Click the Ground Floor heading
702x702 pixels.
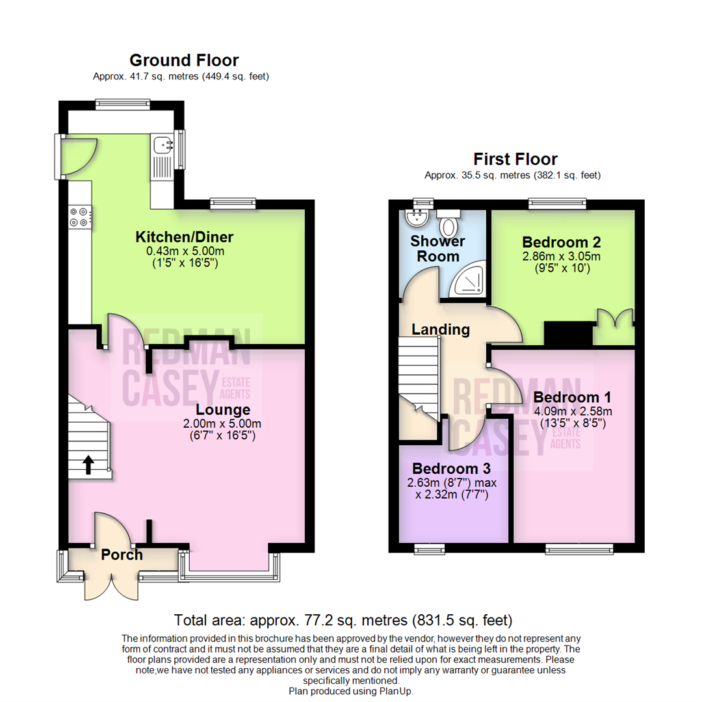pyautogui.click(x=184, y=60)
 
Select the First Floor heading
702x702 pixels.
pyautogui.click(x=515, y=159)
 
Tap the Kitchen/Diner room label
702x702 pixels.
pyautogui.click(x=185, y=237)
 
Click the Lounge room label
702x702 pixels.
pyautogui.click(x=223, y=409)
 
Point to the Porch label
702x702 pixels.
pyautogui.click(x=122, y=554)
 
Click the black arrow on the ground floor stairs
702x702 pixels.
pyautogui.click(x=88, y=465)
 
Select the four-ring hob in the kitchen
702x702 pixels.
pyautogui.click(x=80, y=217)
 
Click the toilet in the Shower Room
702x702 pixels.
pyautogui.click(x=448, y=224)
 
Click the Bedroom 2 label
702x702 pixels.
pyautogui.click(x=562, y=242)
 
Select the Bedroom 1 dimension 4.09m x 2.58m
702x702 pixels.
pyautogui.click(x=573, y=411)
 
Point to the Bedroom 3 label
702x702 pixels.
pyautogui.click(x=451, y=469)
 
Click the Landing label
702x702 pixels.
pyautogui.click(x=441, y=330)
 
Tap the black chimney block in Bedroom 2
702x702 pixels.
pyautogui.click(x=568, y=333)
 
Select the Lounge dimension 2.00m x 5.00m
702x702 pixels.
pyautogui.click(x=222, y=424)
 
